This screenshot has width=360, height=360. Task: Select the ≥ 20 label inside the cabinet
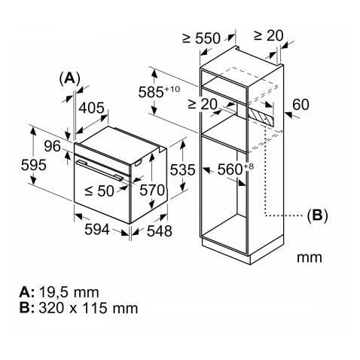point(203,104)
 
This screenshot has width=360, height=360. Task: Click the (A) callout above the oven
point(69,78)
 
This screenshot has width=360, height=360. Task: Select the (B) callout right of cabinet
point(317,215)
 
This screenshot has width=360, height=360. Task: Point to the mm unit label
point(309,257)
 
